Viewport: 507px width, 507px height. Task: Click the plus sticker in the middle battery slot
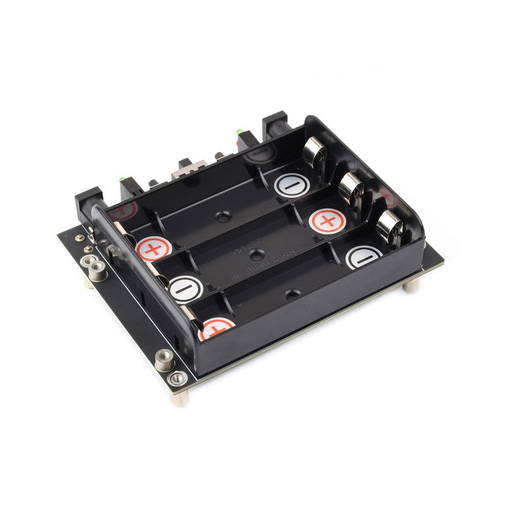[x=327, y=221]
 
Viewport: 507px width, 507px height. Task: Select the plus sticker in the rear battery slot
[x=152, y=248]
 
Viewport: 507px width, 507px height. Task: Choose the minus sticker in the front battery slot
[x=364, y=257]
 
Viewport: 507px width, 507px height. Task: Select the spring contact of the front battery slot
[x=390, y=226]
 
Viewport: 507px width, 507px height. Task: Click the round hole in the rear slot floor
[x=222, y=217]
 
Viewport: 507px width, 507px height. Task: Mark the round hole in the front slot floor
[x=292, y=294]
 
